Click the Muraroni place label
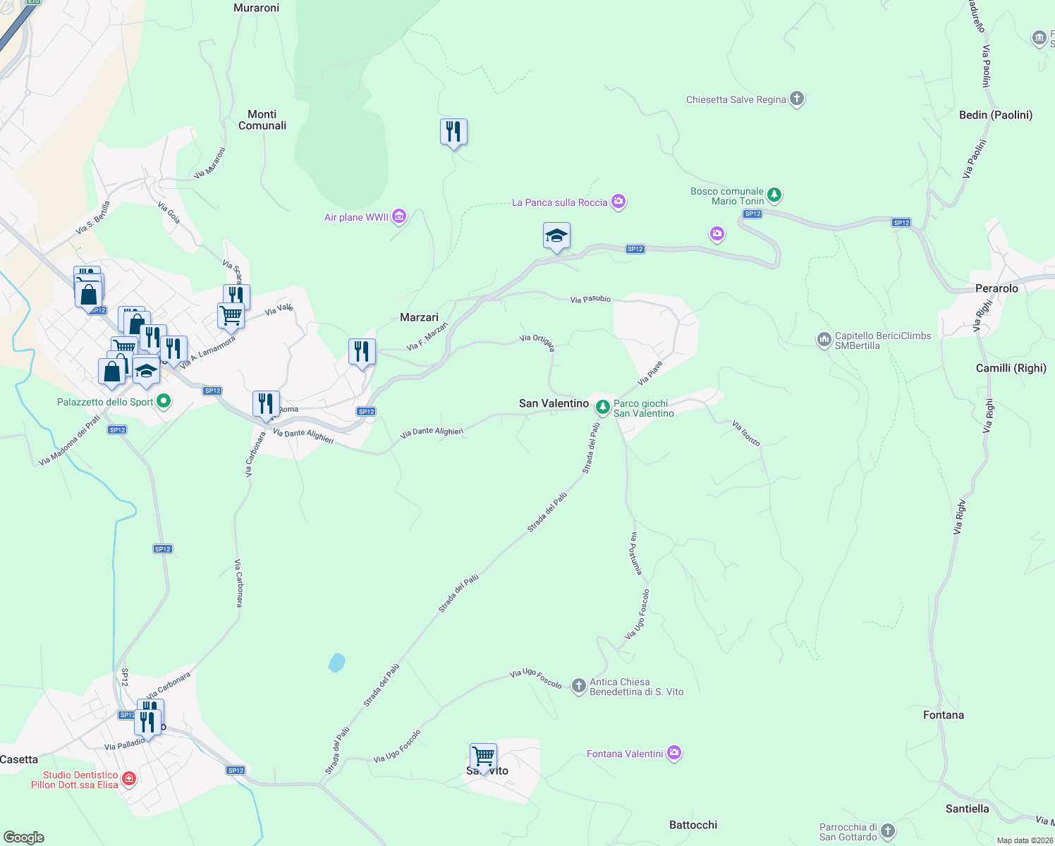point(256,8)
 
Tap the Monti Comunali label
point(262,120)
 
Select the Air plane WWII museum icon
point(399,216)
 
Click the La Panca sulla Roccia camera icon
point(618,202)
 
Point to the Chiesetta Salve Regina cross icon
point(797,99)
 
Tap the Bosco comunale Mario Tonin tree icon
point(774,194)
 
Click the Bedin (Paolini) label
point(995,115)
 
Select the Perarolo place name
point(996,288)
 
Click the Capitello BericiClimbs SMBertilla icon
point(824,341)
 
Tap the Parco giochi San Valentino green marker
point(602,407)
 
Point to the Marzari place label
point(419,317)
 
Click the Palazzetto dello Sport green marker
point(164,402)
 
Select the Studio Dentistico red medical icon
point(128,779)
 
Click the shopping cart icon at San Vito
point(484,757)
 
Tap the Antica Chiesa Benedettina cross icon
point(578,685)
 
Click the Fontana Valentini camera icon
point(674,754)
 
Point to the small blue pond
point(336,663)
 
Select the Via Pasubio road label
point(590,300)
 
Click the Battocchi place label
point(693,825)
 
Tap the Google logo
point(24,838)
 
